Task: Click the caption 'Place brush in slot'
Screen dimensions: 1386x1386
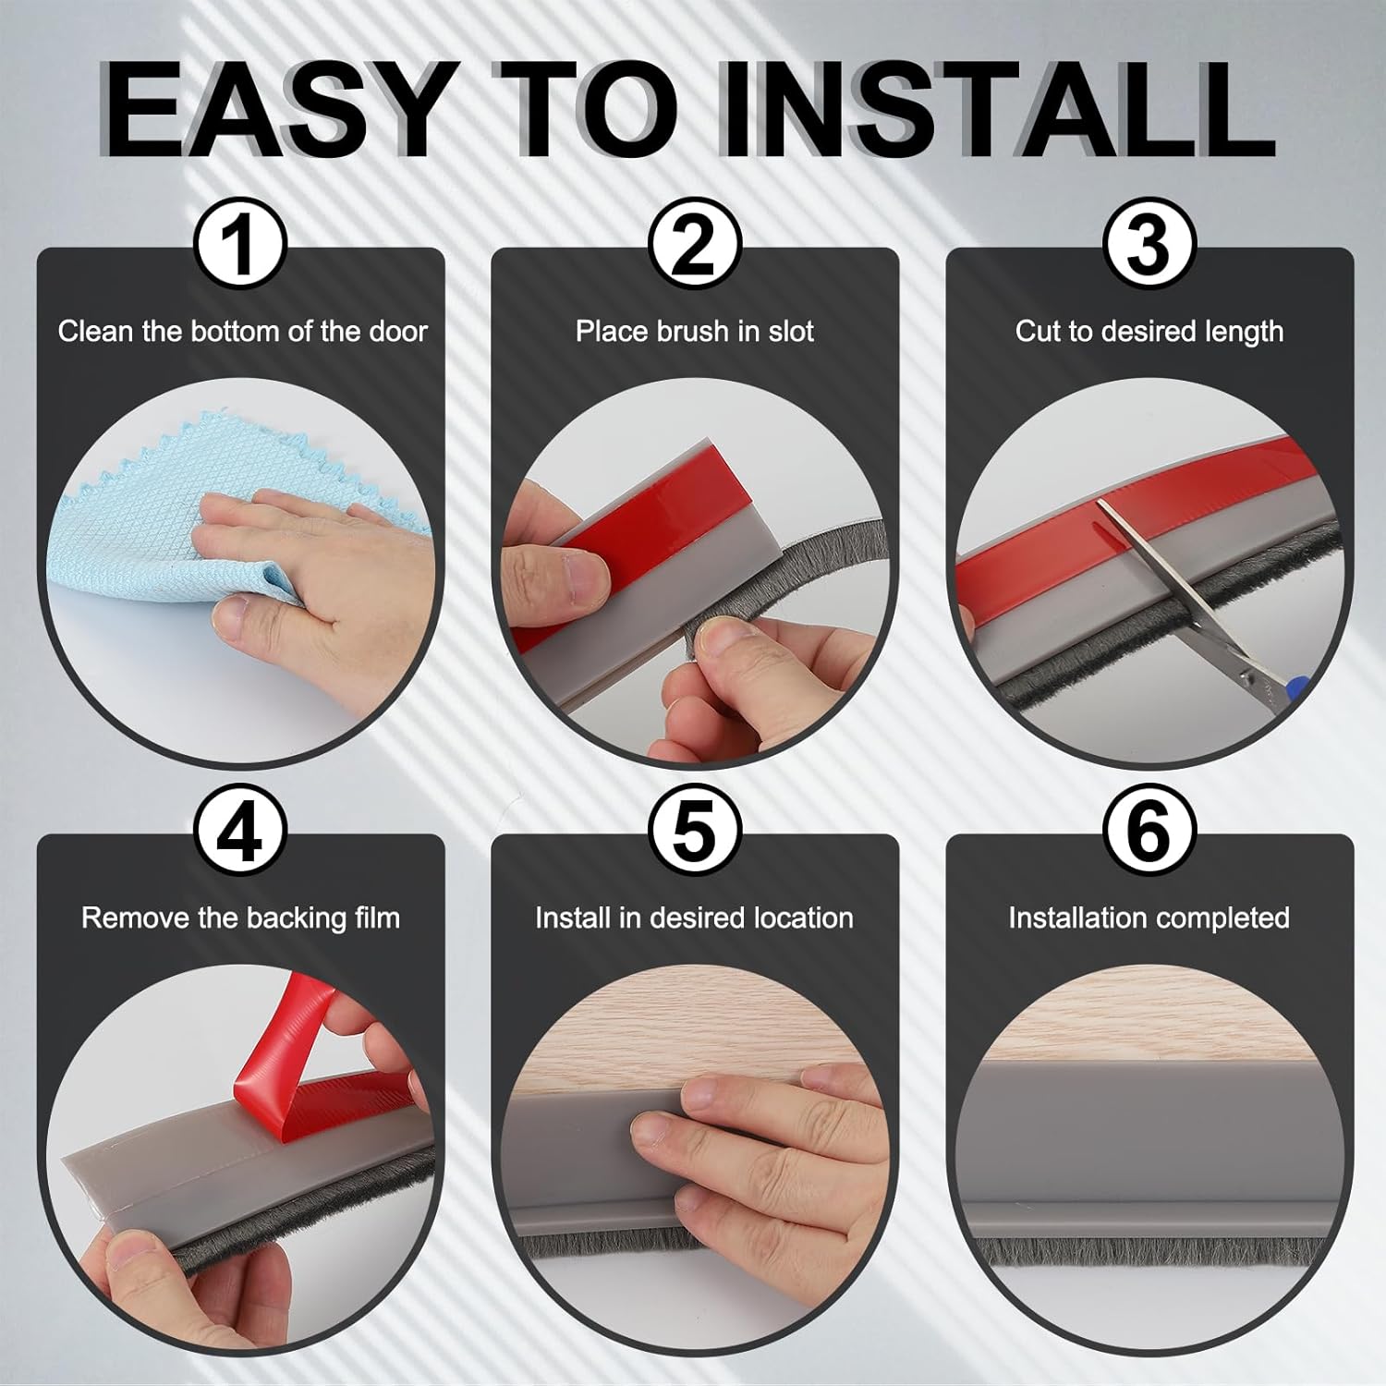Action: point(695,332)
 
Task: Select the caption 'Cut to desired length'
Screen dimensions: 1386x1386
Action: point(1149,332)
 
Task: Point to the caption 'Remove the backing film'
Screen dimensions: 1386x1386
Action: point(240,918)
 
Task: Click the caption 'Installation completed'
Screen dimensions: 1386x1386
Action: point(1149,918)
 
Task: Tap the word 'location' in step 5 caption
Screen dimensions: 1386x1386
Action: point(803,918)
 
